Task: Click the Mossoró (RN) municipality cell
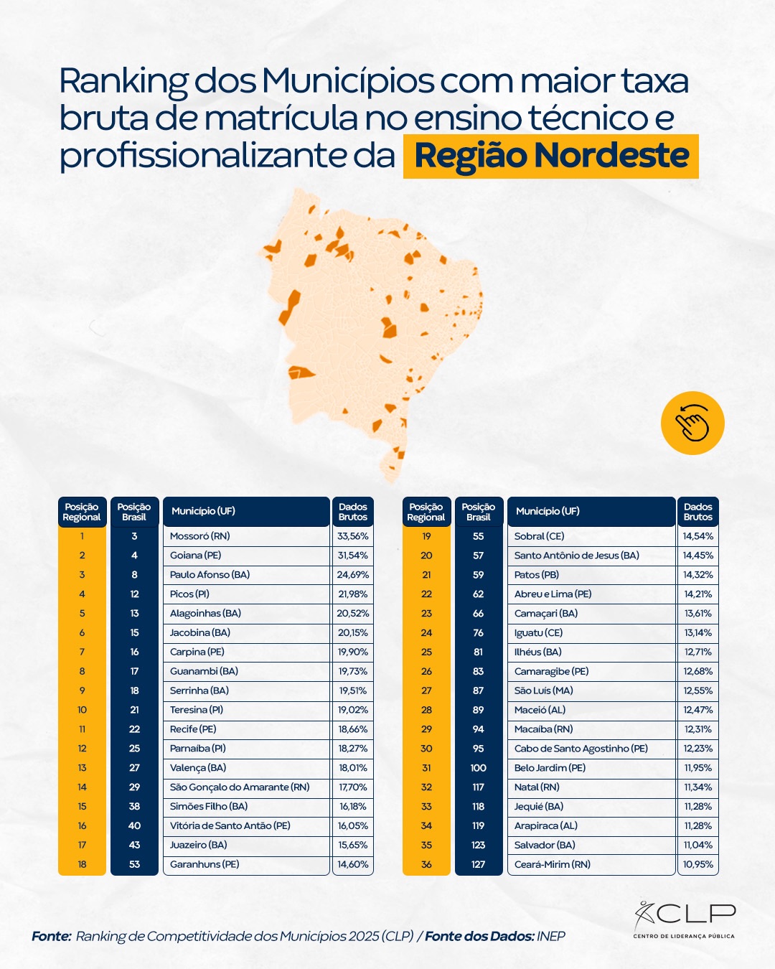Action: [200, 536]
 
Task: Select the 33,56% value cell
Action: [352, 536]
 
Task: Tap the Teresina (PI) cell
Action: [197, 710]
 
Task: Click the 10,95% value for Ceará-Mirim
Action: [697, 864]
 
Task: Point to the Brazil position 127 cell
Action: [479, 864]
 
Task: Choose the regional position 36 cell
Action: [426, 864]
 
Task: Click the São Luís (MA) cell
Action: [543, 691]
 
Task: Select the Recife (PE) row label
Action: [193, 729]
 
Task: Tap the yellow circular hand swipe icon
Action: [692, 423]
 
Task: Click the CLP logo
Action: [685, 919]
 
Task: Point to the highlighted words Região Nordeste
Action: [551, 156]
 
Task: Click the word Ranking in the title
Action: [123, 81]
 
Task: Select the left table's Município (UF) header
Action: [203, 511]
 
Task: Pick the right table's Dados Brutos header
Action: [697, 512]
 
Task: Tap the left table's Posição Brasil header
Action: [134, 512]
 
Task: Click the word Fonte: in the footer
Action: [51, 936]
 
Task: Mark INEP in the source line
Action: [550, 936]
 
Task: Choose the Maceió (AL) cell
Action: [540, 710]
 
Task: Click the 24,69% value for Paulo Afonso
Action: [352, 575]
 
